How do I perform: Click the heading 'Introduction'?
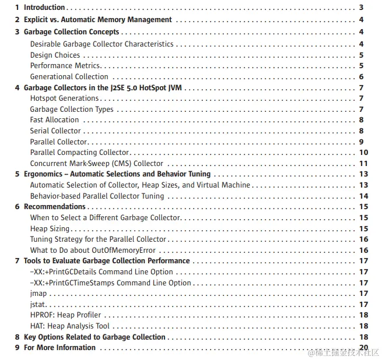pyautogui.click(x=44, y=8)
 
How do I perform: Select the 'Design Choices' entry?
pyautogui.click(x=55, y=55)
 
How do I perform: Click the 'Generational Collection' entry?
pyautogui.click(x=69, y=76)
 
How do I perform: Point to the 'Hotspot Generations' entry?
pyautogui.click(x=64, y=98)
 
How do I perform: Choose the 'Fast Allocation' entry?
pyautogui.click(x=54, y=120)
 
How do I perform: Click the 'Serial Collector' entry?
pyautogui.click(x=55, y=131)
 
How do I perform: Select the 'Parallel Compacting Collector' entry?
pyautogui.click(x=79, y=153)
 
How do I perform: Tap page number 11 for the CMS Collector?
pyautogui.click(x=362, y=164)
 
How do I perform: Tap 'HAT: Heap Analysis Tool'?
pyautogui.click(x=69, y=326)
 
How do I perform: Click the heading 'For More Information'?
pyautogui.click(x=59, y=348)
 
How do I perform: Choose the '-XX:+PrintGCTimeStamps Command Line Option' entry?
pyautogui.click(x=110, y=283)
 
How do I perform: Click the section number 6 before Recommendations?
pyautogui.click(x=17, y=207)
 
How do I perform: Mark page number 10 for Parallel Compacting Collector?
pyautogui.click(x=362, y=153)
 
